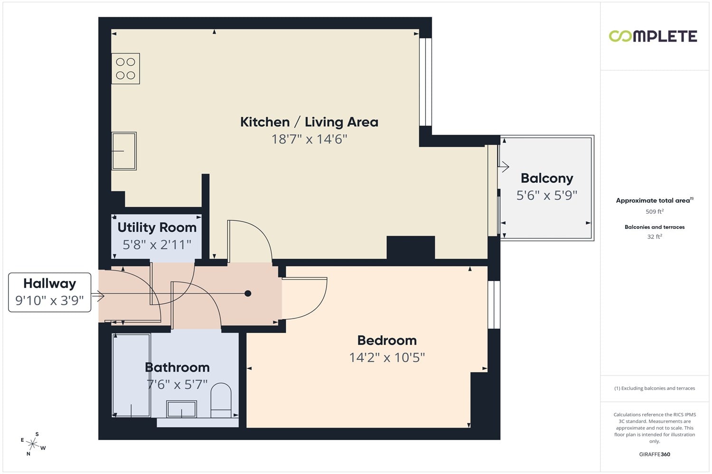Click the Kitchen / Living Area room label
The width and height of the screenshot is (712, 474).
click(309, 122)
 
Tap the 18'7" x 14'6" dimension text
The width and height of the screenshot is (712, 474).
click(309, 139)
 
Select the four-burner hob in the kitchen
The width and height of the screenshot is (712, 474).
click(126, 69)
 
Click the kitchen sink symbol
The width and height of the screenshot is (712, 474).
click(124, 151)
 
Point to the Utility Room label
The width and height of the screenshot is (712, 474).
click(157, 228)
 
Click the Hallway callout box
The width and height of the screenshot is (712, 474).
click(49, 292)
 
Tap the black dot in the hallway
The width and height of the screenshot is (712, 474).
click(248, 293)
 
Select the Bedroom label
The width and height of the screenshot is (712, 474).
click(387, 340)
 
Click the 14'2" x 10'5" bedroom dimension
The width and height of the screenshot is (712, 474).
click(387, 357)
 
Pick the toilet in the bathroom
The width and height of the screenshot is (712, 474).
click(221, 401)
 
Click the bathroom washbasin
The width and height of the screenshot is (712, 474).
click(181, 409)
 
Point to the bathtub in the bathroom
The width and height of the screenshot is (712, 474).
click(131, 375)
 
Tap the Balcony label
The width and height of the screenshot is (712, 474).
click(547, 178)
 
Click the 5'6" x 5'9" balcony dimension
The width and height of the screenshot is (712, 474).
click(547, 195)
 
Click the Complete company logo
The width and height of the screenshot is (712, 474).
click(653, 36)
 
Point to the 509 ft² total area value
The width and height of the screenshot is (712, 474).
click(655, 211)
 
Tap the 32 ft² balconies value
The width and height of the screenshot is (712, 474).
click(655, 237)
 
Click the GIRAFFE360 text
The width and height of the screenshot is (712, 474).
click(655, 454)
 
